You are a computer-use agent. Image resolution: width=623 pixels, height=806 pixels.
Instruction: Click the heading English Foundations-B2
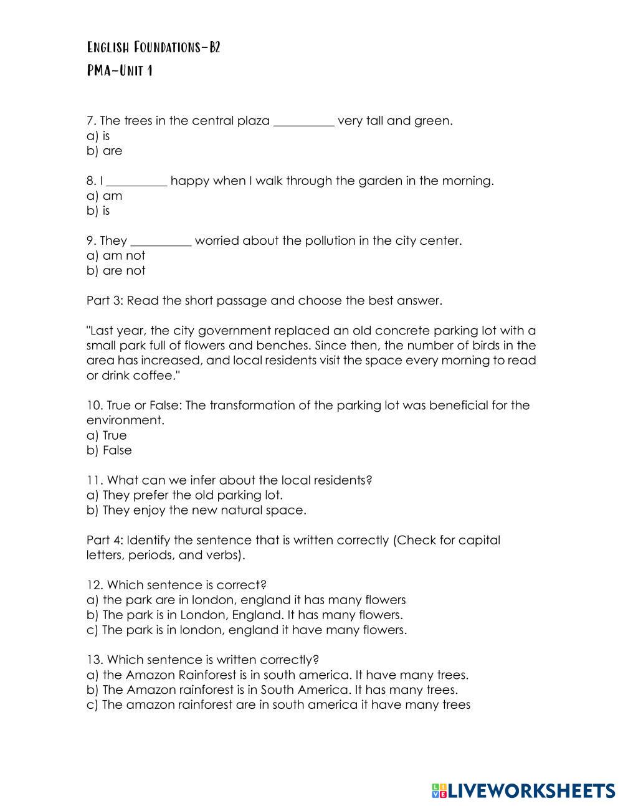[153, 48]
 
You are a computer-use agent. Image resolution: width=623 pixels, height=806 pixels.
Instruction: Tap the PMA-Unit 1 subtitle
[120, 70]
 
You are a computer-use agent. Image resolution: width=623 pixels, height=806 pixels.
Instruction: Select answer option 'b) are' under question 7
[105, 151]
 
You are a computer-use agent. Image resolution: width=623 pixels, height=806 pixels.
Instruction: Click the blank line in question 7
[304, 122]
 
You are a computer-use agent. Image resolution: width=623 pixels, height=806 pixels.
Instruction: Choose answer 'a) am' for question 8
[105, 196]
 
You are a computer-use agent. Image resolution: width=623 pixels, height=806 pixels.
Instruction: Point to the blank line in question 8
[137, 182]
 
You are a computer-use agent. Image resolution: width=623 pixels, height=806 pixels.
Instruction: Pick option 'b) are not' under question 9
[116, 270]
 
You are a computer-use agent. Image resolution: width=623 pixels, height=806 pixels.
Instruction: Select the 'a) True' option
[107, 435]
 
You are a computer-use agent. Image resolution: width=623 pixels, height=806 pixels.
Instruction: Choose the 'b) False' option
[109, 450]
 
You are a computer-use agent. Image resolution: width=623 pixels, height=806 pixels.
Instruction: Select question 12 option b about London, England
[245, 614]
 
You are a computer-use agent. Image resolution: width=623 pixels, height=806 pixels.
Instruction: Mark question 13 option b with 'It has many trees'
[272, 690]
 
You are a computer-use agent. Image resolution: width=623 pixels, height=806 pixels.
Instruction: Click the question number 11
[94, 480]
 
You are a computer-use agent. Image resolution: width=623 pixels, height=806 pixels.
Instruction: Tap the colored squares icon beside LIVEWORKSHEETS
[439, 790]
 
